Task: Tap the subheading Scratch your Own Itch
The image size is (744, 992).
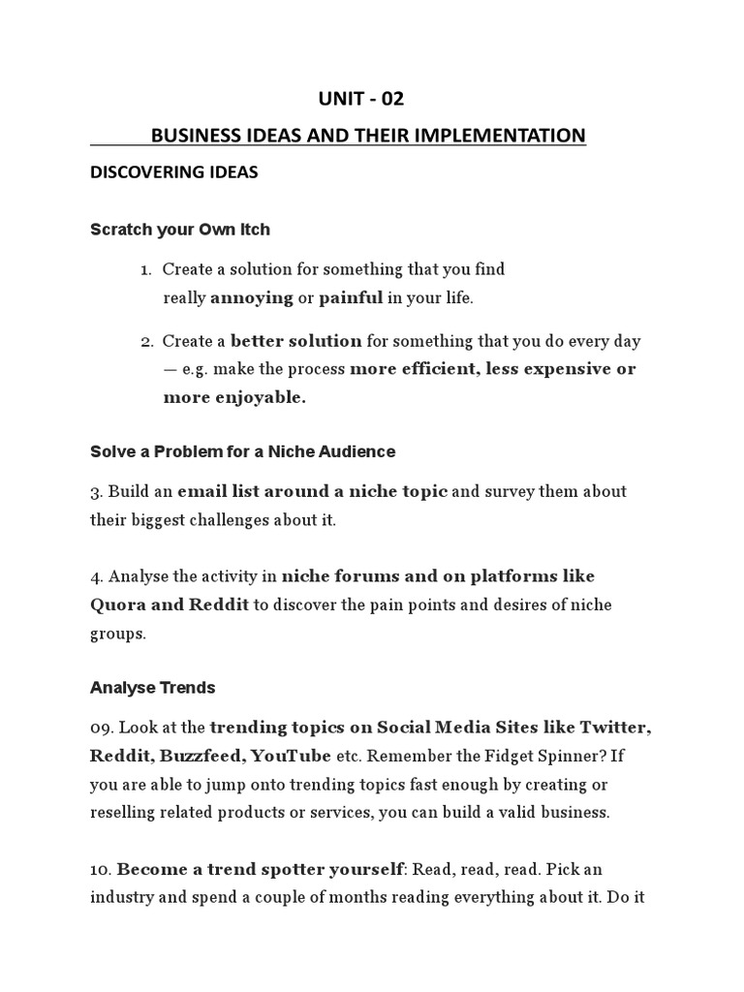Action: (180, 230)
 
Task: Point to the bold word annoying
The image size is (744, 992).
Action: (251, 297)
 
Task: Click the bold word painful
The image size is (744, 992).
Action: (351, 297)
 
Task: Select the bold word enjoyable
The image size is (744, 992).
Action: (254, 397)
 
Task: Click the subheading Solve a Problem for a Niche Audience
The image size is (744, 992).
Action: (243, 451)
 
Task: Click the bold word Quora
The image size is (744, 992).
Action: (117, 604)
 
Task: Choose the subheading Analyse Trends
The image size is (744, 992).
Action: (153, 688)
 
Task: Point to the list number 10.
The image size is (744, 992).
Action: (100, 869)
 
